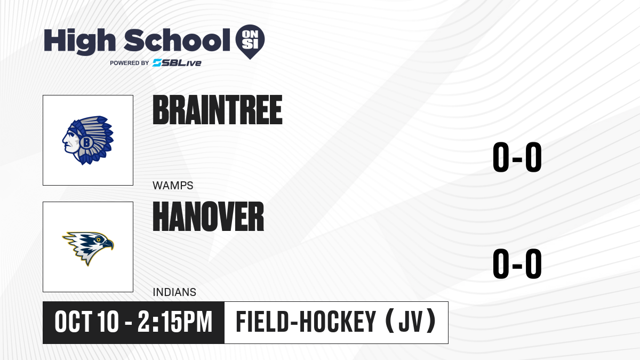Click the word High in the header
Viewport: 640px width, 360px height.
pos(79,41)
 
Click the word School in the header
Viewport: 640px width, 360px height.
pos(177,40)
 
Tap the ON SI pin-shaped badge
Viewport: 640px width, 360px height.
pos(250,42)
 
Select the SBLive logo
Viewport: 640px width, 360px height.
pos(177,63)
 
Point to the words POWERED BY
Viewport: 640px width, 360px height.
pos(130,63)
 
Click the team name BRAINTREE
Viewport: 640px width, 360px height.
pos(218,110)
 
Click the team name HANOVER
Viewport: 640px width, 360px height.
pos(209,217)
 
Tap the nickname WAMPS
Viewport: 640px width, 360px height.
pos(173,186)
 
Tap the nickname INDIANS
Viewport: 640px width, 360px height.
pos(174,292)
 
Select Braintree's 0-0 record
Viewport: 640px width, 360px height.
pos(517,157)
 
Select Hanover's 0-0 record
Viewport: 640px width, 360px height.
pos(517,263)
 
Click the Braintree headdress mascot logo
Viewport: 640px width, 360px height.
pos(88,140)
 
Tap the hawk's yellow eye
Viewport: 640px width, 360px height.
pos(98,239)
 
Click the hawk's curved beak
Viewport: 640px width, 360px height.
pos(109,244)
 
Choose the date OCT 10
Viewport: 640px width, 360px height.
pos(86,322)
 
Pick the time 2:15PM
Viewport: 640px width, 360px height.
pos(175,322)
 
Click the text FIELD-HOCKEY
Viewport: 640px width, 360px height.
pos(306,322)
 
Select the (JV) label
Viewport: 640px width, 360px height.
pos(411,322)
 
